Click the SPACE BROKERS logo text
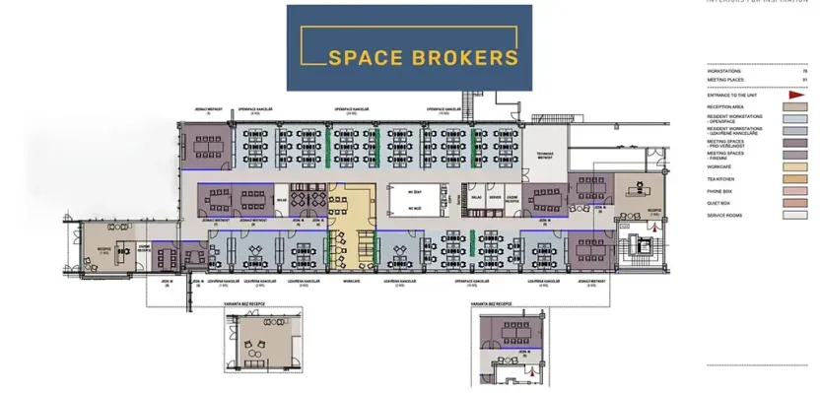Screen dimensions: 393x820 [x=409, y=56]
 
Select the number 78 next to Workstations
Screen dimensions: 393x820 [x=804, y=72]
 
